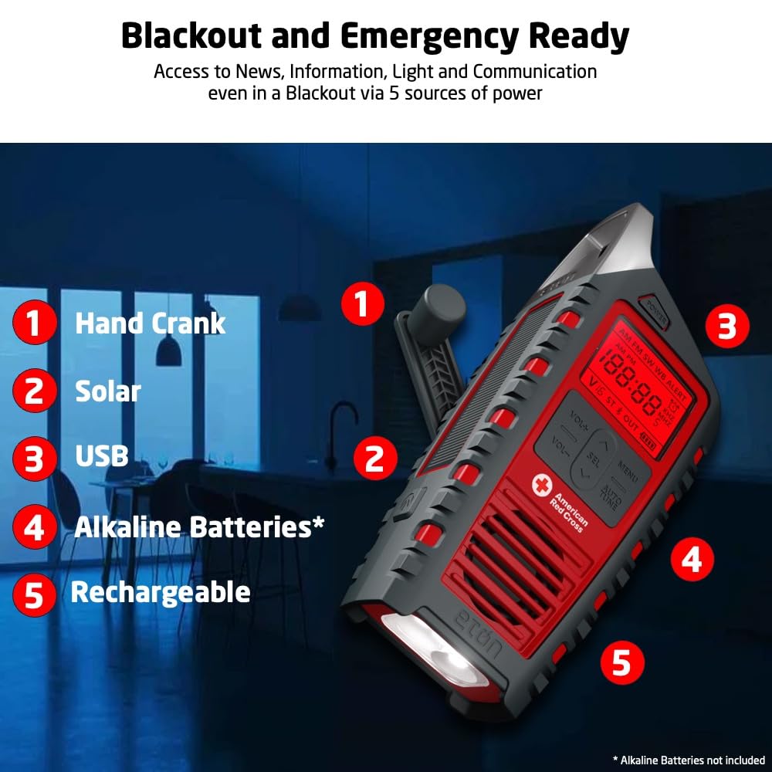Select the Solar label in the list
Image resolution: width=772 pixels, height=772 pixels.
[x=107, y=391]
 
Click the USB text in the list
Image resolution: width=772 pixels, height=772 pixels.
[x=101, y=456]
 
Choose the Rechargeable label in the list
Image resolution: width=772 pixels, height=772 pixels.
[x=161, y=592]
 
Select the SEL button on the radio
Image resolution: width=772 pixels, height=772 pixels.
[x=593, y=457]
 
